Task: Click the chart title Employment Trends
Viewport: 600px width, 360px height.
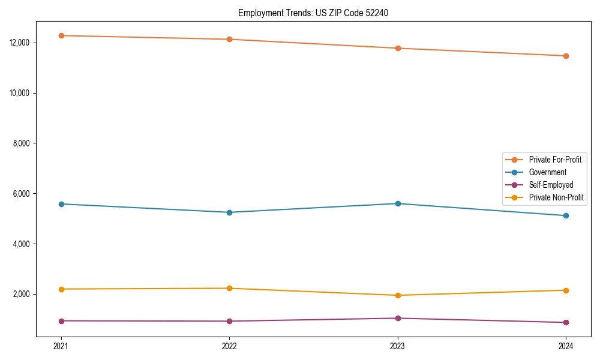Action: point(313,13)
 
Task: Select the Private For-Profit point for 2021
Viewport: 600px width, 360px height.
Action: point(61,35)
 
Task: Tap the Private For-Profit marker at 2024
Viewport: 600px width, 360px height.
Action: point(566,56)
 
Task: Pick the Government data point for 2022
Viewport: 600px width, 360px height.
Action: point(229,212)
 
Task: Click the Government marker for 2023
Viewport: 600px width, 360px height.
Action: point(398,203)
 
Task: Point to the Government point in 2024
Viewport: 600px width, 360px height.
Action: point(566,215)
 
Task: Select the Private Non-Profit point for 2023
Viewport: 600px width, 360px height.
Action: point(398,295)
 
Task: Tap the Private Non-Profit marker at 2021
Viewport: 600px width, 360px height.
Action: point(61,289)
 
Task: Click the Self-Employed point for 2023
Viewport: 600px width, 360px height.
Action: point(398,318)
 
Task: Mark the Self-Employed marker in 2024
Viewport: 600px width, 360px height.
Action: point(566,322)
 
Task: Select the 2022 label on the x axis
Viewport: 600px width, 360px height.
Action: point(229,346)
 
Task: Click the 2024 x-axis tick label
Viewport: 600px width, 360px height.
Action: point(566,346)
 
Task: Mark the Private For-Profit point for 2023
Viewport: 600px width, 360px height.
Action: point(398,48)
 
